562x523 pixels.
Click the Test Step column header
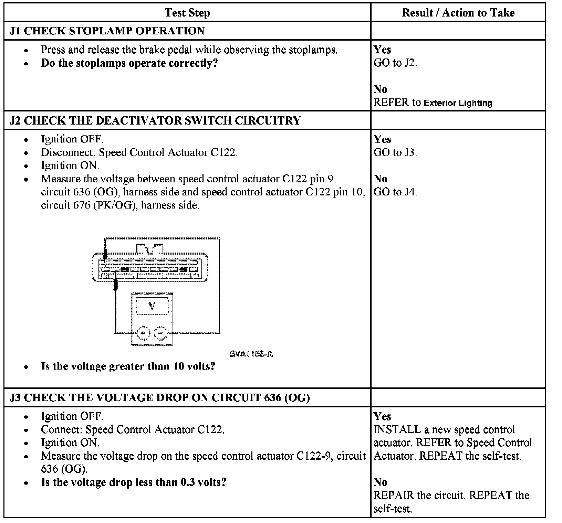187,13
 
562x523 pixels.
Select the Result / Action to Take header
458,13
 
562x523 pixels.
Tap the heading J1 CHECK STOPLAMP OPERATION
107,31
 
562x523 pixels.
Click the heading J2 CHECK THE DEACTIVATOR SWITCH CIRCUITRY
155,120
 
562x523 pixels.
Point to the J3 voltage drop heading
160,397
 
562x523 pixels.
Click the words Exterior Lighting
458,103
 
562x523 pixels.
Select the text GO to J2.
395,63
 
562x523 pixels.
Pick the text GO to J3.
395,152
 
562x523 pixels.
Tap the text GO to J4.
395,192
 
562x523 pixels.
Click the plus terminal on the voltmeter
143,333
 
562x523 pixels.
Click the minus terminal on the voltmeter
160,333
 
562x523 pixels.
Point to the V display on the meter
152,306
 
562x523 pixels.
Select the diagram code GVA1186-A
251,354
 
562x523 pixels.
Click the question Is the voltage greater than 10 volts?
128,366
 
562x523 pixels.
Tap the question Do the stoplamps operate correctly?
129,63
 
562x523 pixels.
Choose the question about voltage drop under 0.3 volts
134,482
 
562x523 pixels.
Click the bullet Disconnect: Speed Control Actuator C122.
139,152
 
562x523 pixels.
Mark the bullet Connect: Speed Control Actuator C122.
133,429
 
